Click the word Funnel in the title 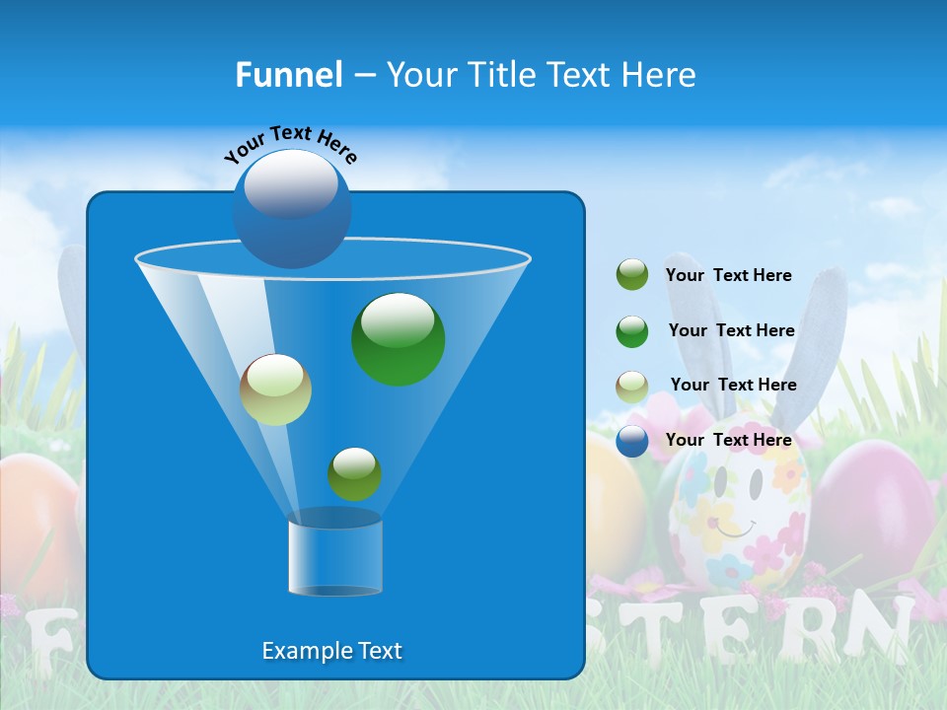coord(289,75)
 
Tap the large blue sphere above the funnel coord(292,209)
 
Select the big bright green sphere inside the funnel coord(399,338)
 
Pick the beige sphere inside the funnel coord(275,390)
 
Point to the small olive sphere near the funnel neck coord(354,473)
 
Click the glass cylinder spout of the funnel coord(335,557)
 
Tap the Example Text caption coord(331,651)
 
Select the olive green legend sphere coord(632,274)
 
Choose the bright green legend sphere coord(632,331)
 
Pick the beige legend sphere coord(632,387)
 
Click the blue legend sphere coord(632,441)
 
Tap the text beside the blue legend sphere coord(728,440)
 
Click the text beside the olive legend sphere coord(728,275)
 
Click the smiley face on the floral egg coord(738,503)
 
